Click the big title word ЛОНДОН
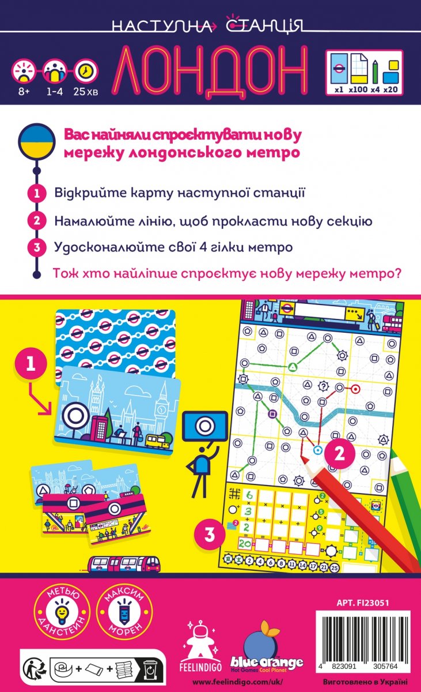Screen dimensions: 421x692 tap(213, 70)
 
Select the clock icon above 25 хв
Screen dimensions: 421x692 tap(85, 71)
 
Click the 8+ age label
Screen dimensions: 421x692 tap(24, 92)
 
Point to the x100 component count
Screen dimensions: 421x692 tap(358, 89)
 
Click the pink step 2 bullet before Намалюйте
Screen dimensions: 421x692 tap(37, 220)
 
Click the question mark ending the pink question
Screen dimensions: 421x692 tap(397, 273)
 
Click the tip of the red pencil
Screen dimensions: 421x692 tap(302, 456)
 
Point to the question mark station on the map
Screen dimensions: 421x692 tap(323, 386)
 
